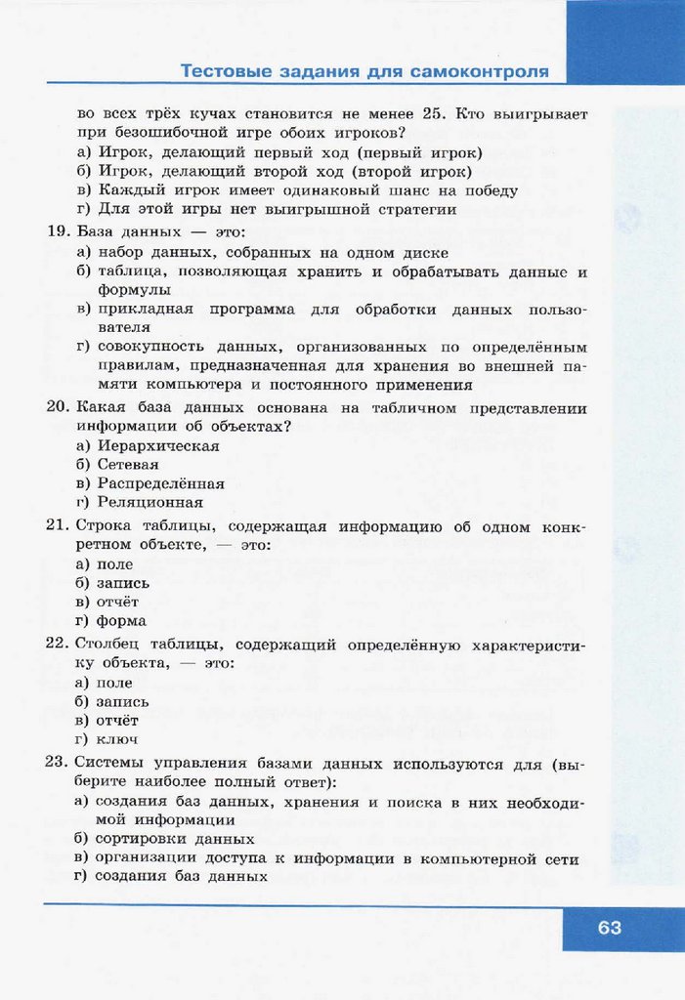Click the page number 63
click(609, 928)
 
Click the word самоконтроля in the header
click(479, 72)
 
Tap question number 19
click(57, 232)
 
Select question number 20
click(57, 407)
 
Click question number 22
click(57, 645)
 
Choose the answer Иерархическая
click(157, 445)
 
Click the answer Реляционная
click(150, 503)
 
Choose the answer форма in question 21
click(121, 620)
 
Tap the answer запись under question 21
click(122, 583)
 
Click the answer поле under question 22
click(114, 683)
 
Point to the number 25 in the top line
click(430, 113)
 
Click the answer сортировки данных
click(175, 839)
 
